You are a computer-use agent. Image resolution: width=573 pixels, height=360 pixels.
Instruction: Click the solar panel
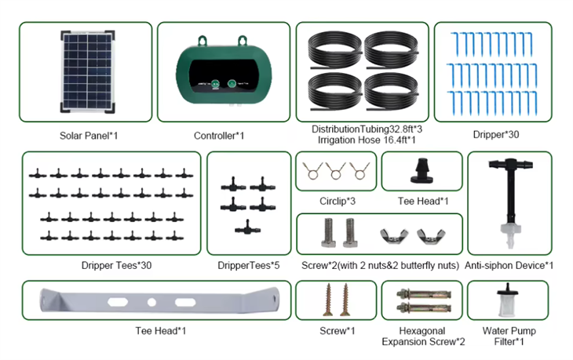coord(87,72)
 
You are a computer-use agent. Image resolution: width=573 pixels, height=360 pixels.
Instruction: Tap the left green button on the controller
coord(215,83)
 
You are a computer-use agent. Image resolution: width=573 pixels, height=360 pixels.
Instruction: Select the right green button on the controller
coord(232,84)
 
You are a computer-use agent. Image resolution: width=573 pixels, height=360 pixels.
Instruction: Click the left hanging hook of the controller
coord(203,41)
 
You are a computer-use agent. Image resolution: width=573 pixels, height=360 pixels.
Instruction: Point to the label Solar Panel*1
coord(89,136)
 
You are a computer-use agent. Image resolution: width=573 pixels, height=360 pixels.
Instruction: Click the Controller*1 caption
coord(219,136)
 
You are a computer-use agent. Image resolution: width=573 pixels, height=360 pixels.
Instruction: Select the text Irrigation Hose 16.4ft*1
coord(367,140)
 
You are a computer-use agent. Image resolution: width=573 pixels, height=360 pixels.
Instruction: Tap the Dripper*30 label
coord(496,135)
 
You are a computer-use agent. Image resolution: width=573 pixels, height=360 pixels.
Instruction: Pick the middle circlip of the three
coord(336,170)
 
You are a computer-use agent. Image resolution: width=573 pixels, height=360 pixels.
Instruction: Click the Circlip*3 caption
coord(338,201)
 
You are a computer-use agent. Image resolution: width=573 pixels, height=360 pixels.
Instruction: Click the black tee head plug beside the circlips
coord(422,170)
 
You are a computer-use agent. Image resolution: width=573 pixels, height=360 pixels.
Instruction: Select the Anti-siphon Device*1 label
coord(509,265)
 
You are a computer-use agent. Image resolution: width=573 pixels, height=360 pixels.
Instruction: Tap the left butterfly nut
coord(393,236)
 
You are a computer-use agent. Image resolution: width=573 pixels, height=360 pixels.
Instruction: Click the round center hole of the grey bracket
coord(151,302)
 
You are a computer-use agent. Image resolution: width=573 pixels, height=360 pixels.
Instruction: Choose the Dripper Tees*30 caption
coord(116,265)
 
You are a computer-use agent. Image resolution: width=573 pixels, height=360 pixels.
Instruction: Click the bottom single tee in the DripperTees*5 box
coord(247,227)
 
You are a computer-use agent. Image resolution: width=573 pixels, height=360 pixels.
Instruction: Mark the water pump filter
coord(508,300)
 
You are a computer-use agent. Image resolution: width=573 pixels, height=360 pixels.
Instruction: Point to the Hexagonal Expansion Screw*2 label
coord(423,336)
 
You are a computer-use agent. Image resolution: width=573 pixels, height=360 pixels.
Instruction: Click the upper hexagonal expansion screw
coord(424,293)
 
